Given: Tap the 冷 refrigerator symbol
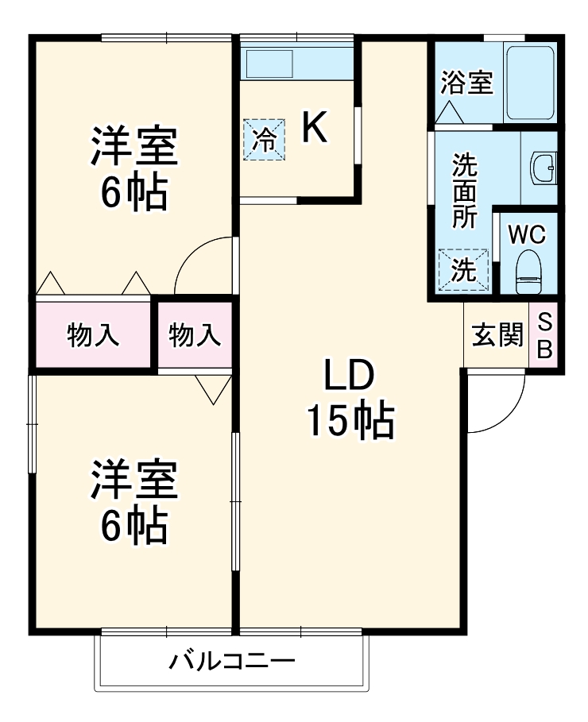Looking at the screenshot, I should (265, 140).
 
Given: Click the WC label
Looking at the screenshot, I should (527, 234).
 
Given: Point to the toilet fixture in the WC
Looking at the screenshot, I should (528, 270).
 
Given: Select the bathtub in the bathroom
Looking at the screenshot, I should (529, 83).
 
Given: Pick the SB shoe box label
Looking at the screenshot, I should (545, 335).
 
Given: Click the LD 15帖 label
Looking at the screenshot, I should (349, 399).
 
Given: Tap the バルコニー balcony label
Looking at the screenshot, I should (232, 661).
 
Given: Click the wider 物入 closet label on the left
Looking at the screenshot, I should (93, 335).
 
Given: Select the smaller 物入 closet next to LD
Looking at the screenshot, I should (195, 335).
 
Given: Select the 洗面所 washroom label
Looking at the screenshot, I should (465, 191).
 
